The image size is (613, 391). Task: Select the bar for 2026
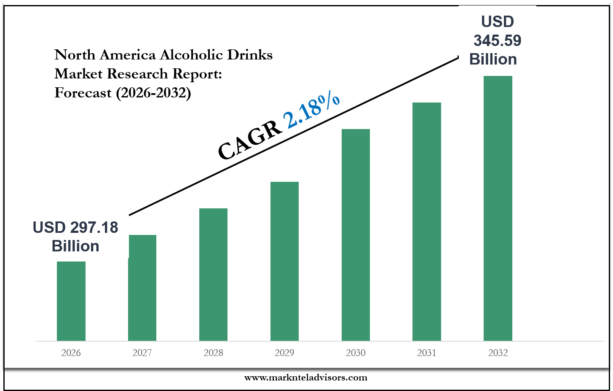(71, 301)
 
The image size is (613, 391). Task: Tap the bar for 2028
(213, 275)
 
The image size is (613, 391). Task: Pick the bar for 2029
(284, 262)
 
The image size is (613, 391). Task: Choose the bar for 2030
(356, 235)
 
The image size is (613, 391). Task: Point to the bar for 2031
(427, 221)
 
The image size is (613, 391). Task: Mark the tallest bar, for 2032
(498, 208)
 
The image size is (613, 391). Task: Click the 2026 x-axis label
(71, 353)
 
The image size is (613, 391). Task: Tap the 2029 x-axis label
(284, 353)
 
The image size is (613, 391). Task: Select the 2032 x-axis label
(498, 353)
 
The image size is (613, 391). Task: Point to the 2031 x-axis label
(427, 353)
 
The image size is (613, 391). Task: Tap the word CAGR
(250, 140)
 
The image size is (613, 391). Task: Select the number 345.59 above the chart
(498, 40)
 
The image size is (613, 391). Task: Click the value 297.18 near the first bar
(94, 227)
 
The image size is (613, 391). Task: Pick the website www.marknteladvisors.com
(306, 378)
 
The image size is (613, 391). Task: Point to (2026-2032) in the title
(153, 93)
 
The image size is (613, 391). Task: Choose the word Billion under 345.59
(493, 59)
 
